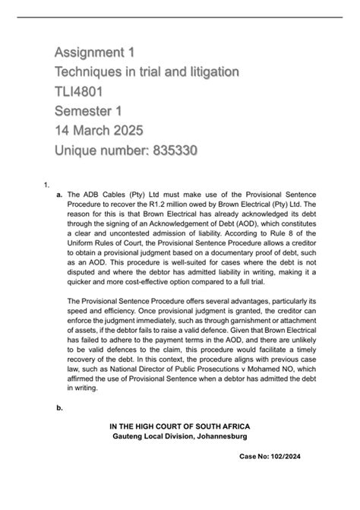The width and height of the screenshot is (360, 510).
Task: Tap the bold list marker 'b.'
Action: click(58, 408)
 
